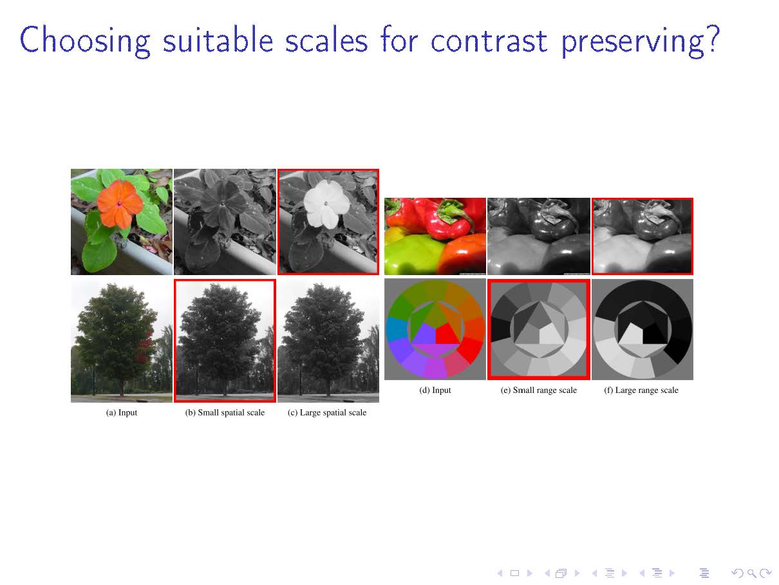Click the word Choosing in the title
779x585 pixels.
point(85,41)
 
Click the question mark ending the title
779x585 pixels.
point(711,39)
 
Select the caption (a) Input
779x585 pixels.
point(122,412)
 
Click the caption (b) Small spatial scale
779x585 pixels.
point(225,412)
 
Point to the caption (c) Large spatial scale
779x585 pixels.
point(327,412)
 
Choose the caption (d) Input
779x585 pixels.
point(435,390)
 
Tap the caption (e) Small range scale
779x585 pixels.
point(538,390)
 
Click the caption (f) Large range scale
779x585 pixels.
point(641,390)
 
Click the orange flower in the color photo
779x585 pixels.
point(119,204)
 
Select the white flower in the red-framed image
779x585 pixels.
point(326,204)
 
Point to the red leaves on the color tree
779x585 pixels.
point(145,347)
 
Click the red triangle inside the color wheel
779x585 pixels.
point(448,333)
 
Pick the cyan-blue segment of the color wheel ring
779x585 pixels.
point(397,329)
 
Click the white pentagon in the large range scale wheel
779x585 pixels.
point(630,334)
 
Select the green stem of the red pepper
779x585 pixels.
point(454,212)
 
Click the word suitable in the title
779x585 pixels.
point(218,41)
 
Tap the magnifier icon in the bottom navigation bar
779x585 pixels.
point(751,573)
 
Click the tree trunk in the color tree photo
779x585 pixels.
point(122,387)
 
